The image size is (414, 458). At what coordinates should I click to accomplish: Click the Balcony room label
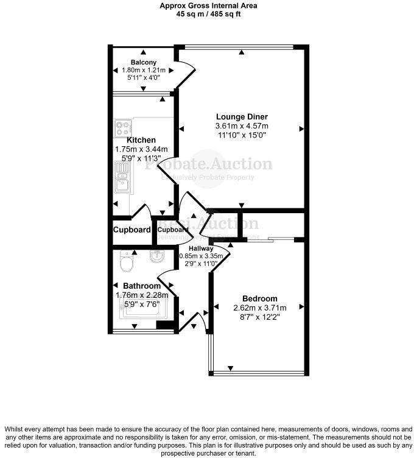click(x=143, y=62)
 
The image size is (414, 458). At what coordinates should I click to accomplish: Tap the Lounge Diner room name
click(x=242, y=116)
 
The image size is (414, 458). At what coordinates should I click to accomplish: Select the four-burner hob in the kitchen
click(x=123, y=129)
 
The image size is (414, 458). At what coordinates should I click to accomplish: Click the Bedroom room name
click(x=259, y=298)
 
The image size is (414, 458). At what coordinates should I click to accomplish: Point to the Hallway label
click(x=201, y=248)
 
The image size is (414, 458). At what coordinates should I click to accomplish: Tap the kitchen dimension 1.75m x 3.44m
click(x=141, y=149)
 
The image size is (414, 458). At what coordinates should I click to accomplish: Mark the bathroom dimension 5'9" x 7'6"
click(x=141, y=305)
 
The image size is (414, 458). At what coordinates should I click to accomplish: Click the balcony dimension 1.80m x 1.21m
click(x=143, y=71)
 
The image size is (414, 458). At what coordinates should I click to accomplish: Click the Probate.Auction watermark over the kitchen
click(x=208, y=164)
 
